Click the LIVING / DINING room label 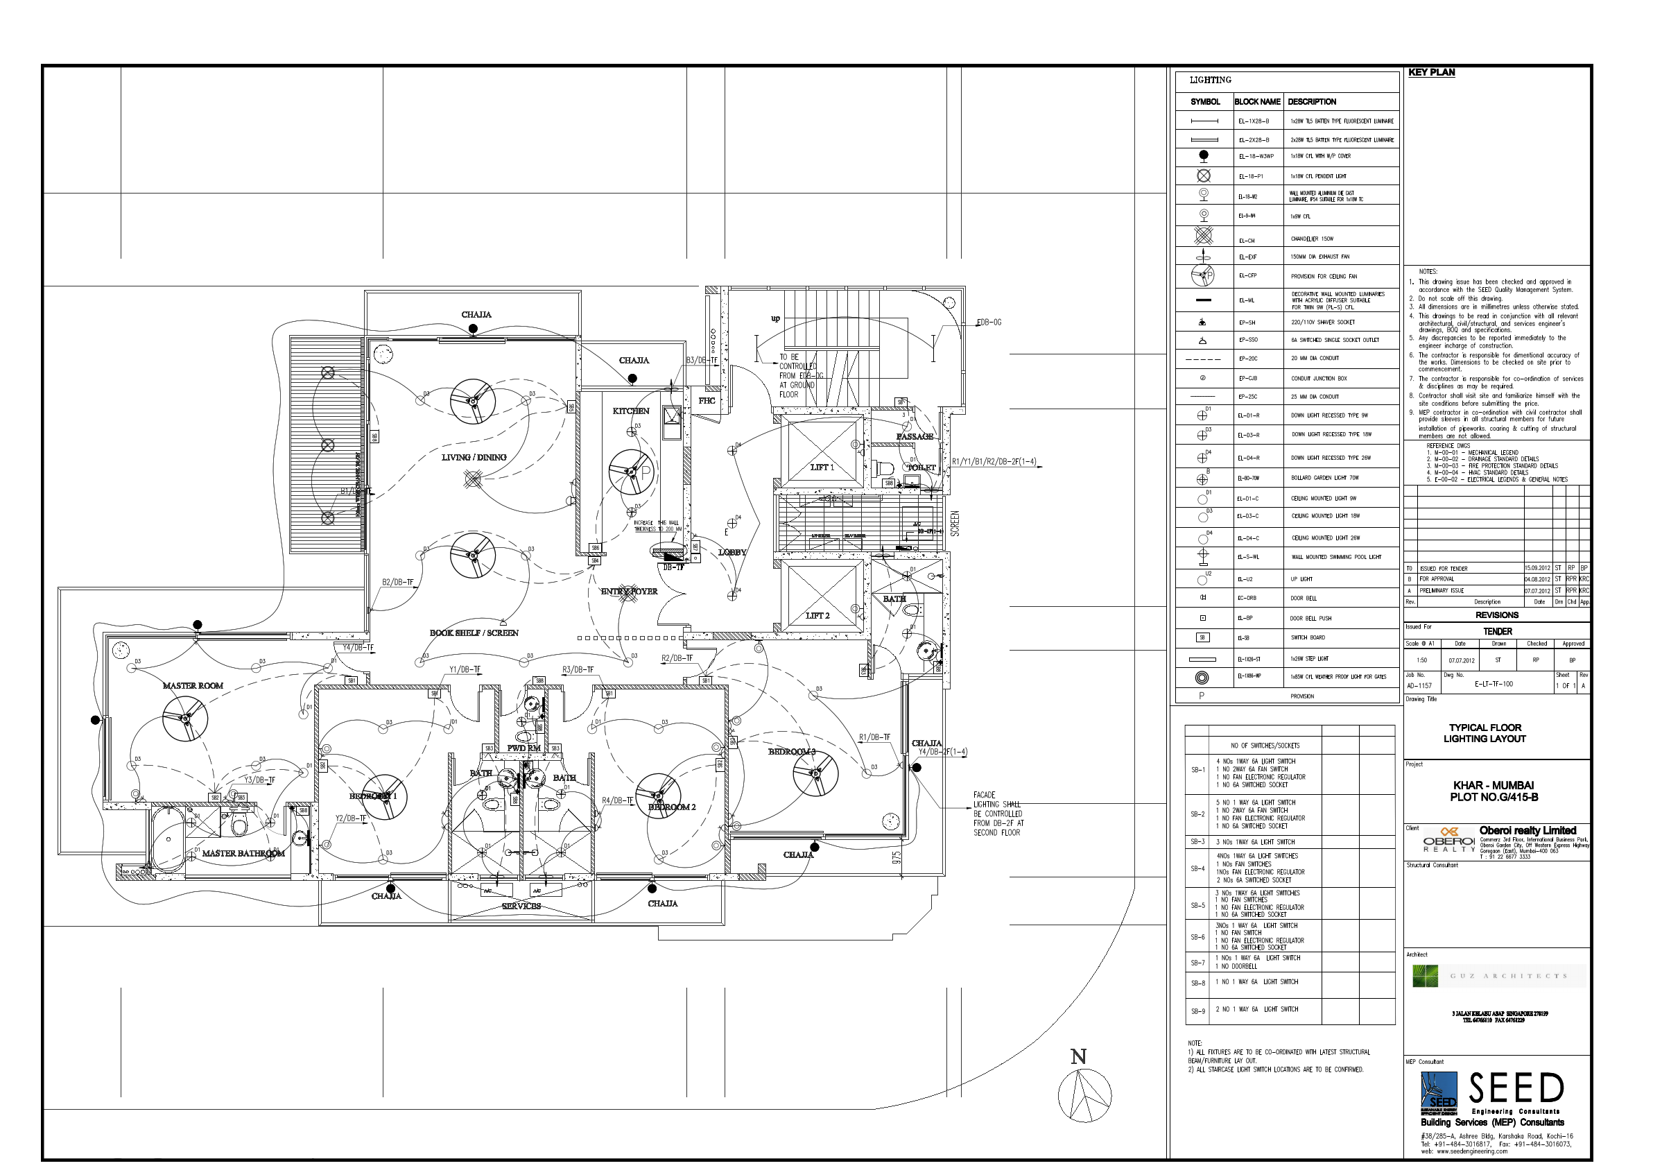pos(474,457)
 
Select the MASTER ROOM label pos(193,685)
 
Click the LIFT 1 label pos(822,467)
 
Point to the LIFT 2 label pos(817,616)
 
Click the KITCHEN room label pos(631,411)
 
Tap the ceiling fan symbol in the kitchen pos(632,472)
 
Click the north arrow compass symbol pos(1084,1095)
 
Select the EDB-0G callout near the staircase pos(989,323)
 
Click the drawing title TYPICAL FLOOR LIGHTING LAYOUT pos(1485,733)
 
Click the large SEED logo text pos(1516,1088)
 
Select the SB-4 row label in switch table pos(1197,868)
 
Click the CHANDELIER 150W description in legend pos(1312,239)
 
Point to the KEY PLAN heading pos(1431,73)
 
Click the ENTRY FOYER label pos(629,592)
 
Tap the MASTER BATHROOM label pos(243,853)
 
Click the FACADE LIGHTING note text pos(998,814)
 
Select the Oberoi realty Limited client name pos(1527,830)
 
